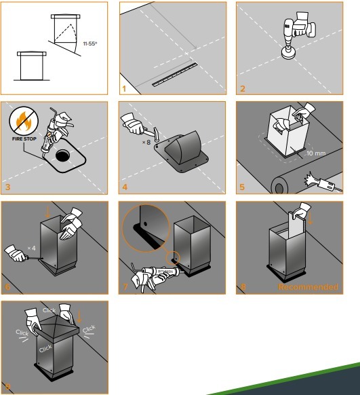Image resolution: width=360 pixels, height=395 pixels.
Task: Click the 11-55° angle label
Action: [89, 43]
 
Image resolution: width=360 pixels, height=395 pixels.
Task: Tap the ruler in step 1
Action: [175, 75]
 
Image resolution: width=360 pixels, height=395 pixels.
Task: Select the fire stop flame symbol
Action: [24, 121]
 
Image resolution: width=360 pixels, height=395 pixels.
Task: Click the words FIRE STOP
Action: [24, 139]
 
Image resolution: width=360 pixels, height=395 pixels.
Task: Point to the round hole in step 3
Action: [62, 155]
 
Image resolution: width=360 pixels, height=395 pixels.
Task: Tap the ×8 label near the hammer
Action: [146, 143]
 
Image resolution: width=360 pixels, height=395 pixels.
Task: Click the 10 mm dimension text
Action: [316, 153]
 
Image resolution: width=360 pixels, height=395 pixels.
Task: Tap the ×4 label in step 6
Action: [31, 248]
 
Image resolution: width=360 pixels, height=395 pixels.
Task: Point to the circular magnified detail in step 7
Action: [145, 228]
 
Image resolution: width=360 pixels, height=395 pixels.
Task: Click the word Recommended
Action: [308, 287]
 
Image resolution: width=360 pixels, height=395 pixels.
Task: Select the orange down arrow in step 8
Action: [310, 218]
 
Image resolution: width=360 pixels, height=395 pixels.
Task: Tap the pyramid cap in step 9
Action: [58, 325]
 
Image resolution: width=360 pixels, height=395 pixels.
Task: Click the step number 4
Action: [125, 187]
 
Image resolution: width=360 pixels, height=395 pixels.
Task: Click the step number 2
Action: [243, 89]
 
